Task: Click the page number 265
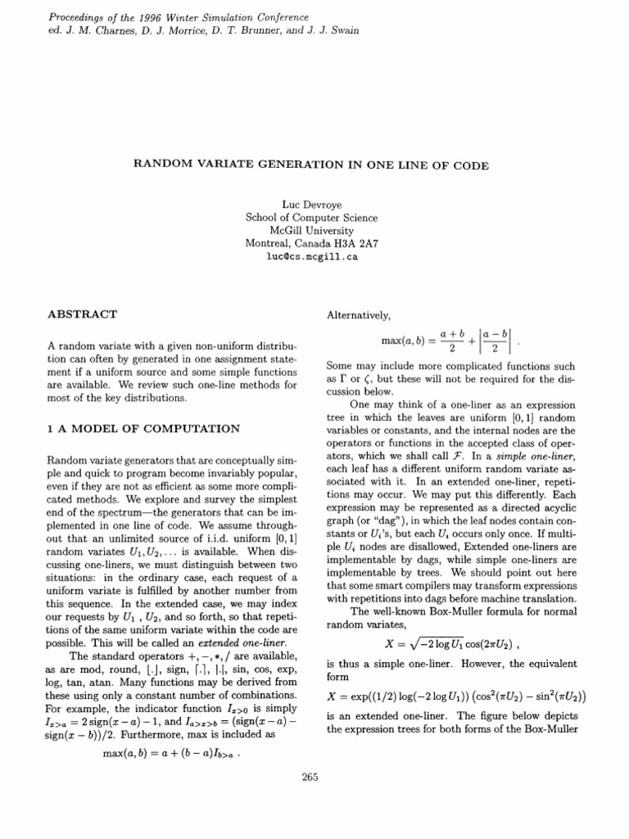pyautogui.click(x=310, y=778)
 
